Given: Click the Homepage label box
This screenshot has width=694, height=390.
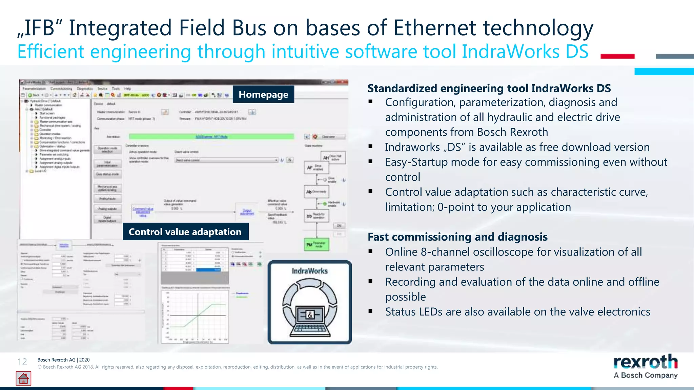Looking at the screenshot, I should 263,94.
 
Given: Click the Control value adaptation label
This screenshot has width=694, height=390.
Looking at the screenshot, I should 185,232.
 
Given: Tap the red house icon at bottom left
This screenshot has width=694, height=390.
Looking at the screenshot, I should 23,378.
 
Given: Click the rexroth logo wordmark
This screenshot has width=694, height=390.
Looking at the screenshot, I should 645,362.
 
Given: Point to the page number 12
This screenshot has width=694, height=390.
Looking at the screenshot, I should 22,362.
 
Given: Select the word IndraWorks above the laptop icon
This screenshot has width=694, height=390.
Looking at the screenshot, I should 310,271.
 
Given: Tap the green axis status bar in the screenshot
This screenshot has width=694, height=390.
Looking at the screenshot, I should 211,136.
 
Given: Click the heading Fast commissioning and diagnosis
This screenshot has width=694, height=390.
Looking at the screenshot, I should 457,237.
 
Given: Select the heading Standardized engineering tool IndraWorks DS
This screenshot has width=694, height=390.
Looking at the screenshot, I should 489,88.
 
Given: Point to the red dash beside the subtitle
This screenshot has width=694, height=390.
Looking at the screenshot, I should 617,57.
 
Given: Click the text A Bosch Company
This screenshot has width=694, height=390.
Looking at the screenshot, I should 645,375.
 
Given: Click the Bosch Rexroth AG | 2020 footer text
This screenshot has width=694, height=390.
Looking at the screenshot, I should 63,360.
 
